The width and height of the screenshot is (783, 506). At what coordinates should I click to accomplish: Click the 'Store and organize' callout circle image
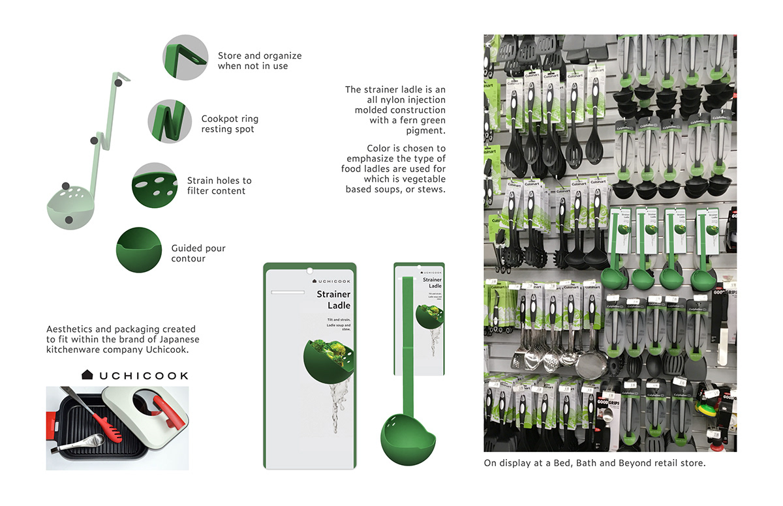point(185,57)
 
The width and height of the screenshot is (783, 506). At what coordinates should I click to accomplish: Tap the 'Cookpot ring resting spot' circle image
point(170,121)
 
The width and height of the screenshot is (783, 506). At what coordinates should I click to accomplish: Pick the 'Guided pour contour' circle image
point(139,249)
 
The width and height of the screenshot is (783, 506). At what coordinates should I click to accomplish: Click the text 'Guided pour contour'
point(198,254)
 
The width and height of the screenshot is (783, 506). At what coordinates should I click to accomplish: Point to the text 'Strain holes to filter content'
point(219,186)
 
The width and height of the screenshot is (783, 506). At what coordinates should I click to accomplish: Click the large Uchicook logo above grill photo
point(134,375)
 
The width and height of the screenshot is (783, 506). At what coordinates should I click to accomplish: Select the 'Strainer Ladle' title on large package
point(333,300)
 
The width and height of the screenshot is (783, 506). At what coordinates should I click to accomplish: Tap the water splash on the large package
point(336,397)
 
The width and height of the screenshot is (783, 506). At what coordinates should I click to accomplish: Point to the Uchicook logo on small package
point(428,269)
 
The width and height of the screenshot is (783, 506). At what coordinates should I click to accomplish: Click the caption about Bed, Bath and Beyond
point(594,464)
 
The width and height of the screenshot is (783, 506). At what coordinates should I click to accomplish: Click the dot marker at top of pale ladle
point(118,82)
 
